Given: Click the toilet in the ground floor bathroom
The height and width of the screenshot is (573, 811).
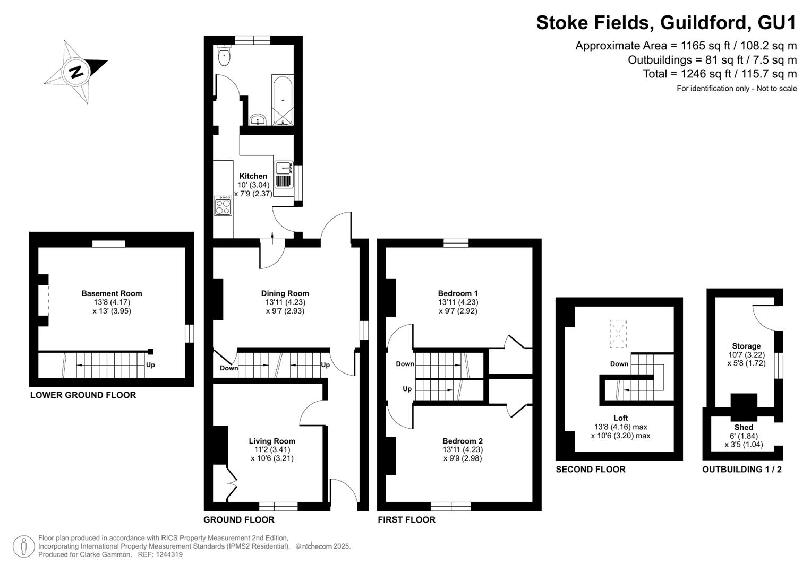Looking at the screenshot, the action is click(225, 56).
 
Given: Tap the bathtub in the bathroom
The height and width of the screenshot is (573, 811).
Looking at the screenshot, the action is click(283, 100).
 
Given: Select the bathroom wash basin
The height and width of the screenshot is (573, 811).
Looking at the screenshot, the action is click(258, 119).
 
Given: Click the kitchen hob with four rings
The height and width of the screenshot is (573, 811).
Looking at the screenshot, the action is click(223, 206).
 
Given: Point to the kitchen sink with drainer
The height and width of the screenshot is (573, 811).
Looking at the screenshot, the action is click(284, 175).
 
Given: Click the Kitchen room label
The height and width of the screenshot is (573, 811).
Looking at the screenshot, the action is click(253, 176).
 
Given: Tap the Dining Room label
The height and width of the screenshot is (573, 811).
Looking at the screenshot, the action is click(285, 293).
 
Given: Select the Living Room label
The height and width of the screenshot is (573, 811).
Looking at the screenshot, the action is click(272, 441).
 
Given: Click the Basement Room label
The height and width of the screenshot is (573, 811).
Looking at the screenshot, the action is click(112, 293).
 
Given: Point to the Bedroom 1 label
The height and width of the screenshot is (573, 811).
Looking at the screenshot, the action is click(458, 293).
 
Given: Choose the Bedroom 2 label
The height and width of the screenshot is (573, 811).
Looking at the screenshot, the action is click(463, 441).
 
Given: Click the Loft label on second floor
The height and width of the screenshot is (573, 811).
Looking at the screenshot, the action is click(620, 418).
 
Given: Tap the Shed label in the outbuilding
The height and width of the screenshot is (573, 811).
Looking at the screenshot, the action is click(744, 427).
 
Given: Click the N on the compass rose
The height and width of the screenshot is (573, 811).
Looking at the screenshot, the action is click(76, 72).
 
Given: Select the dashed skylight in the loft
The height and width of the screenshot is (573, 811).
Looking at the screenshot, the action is click(618, 334).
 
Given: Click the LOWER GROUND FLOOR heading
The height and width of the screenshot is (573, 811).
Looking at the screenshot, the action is click(83, 395).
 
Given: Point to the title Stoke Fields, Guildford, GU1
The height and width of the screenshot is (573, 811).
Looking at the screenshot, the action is click(666, 22).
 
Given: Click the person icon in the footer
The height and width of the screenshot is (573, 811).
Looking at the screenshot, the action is click(24, 546).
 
